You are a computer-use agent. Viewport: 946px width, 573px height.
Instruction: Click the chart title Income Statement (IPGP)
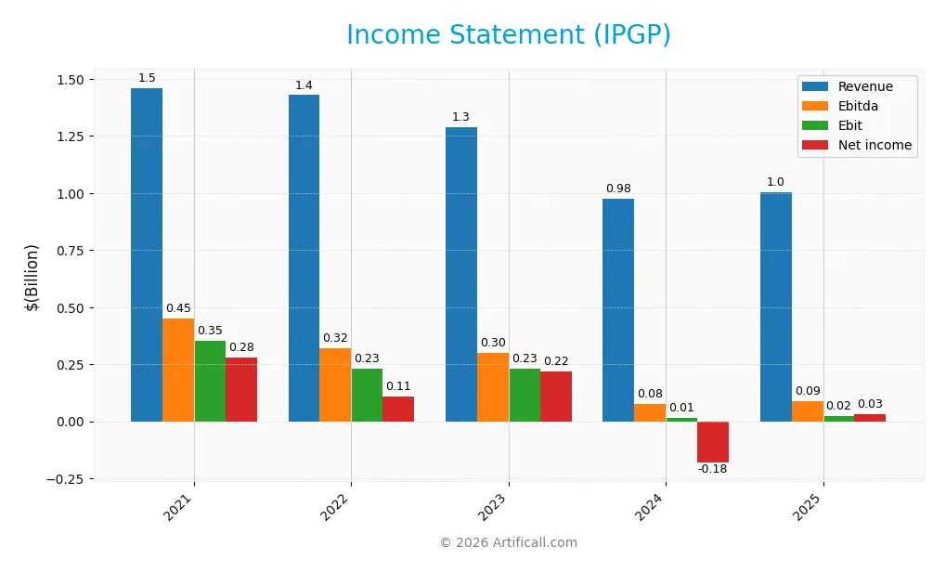coord(508,35)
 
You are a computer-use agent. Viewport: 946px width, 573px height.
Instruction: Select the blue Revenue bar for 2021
coord(147,254)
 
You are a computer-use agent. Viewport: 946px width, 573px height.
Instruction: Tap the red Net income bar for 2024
coord(712,442)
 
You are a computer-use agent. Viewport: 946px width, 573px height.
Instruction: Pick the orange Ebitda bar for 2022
coord(335,384)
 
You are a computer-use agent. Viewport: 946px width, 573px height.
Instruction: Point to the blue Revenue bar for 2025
coord(775,306)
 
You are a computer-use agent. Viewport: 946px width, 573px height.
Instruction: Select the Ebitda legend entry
coord(858,107)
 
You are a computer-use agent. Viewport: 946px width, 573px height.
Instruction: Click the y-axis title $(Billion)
coord(32,278)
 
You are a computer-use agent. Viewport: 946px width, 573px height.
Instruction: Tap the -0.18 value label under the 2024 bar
coord(712,469)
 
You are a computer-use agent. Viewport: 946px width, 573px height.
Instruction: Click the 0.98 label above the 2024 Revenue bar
coord(618,189)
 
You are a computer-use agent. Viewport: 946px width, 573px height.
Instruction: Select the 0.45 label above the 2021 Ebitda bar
coord(178,308)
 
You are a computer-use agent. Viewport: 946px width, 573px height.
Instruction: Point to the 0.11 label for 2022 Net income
coord(398,386)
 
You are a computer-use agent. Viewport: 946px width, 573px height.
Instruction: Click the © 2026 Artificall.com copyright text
coord(508,542)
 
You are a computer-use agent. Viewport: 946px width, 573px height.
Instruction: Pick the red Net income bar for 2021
coord(241,389)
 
